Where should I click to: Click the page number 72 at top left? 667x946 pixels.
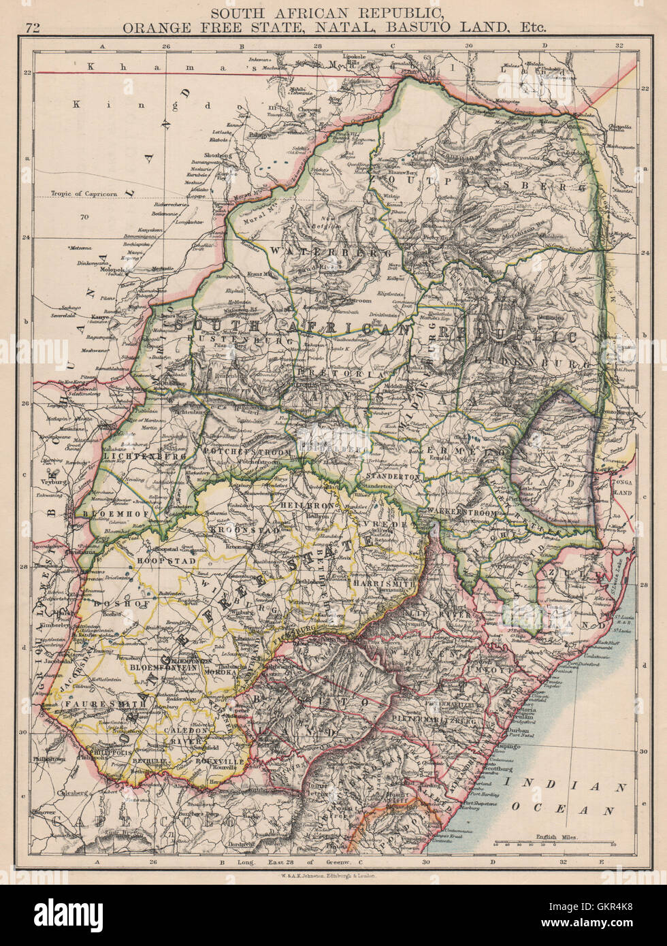pyautogui.click(x=33, y=28)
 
